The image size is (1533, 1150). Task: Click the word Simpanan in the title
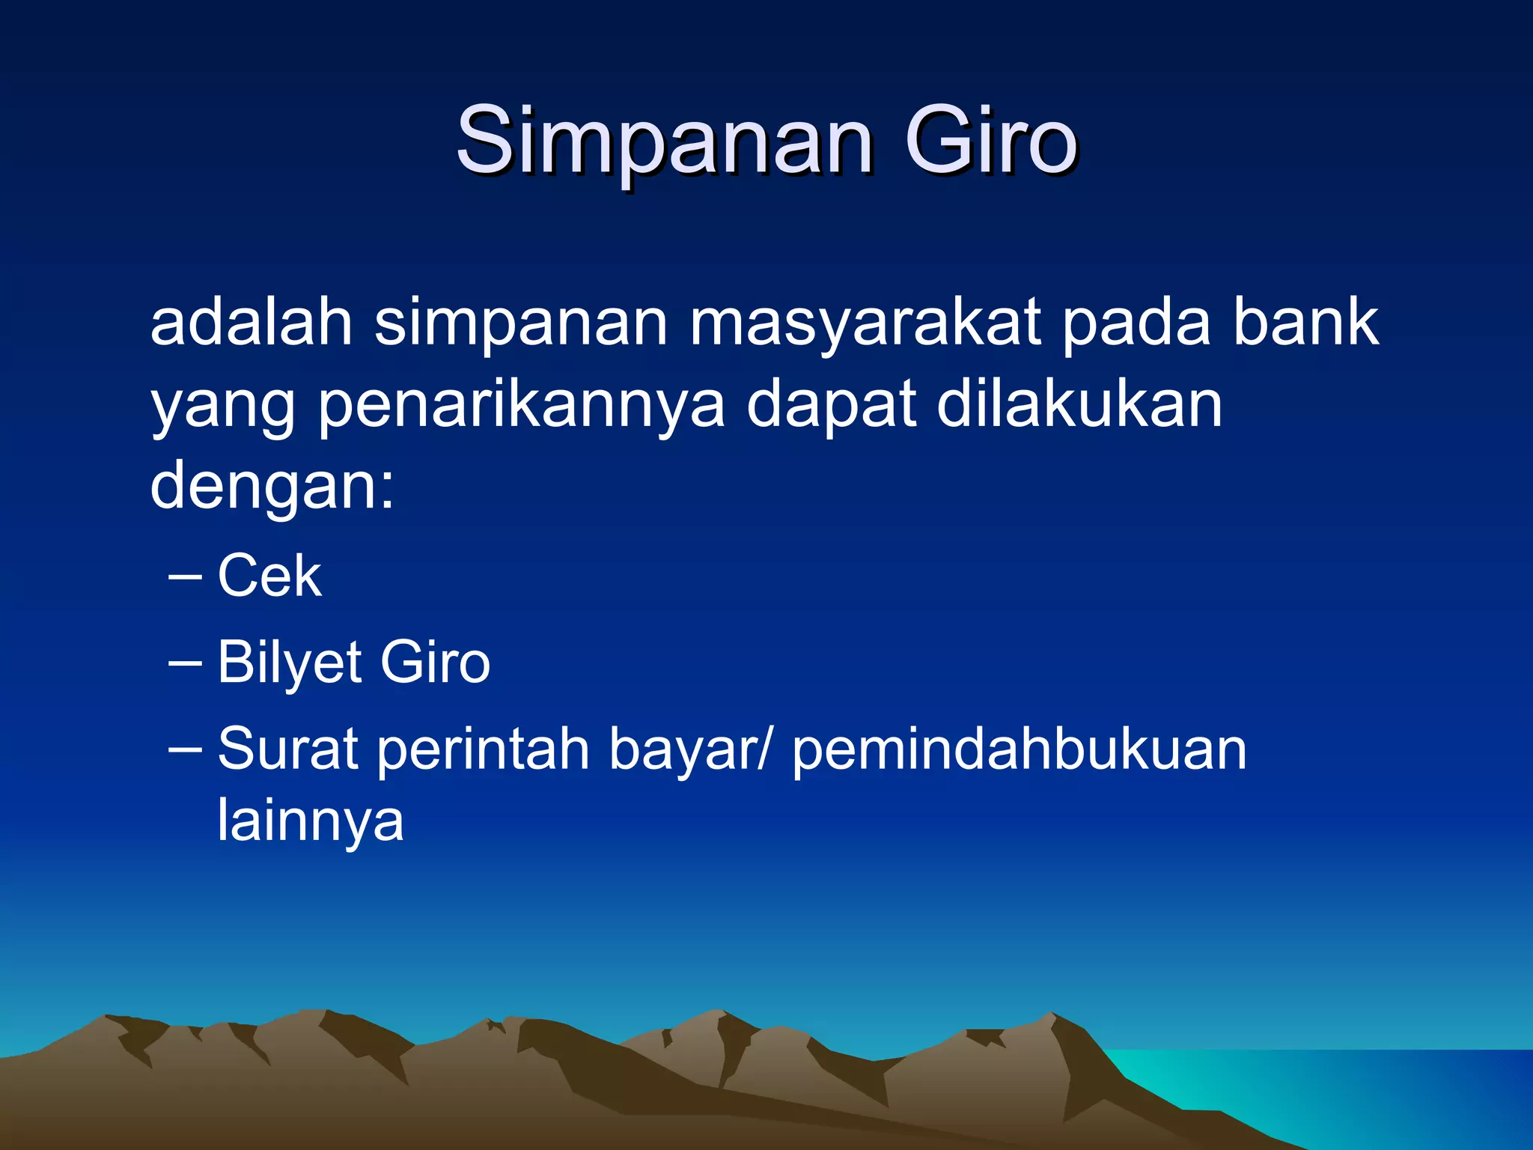click(x=664, y=141)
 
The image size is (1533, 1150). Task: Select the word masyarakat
click(x=865, y=323)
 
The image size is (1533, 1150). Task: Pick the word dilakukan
click(x=1079, y=404)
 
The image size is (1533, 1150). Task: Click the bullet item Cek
click(x=269, y=576)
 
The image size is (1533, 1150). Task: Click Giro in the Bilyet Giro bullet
click(x=435, y=662)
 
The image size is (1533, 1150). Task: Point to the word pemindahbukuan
click(x=1020, y=749)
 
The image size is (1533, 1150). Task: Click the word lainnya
click(x=310, y=821)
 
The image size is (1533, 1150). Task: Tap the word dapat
click(x=832, y=405)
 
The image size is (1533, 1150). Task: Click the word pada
click(x=1136, y=323)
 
